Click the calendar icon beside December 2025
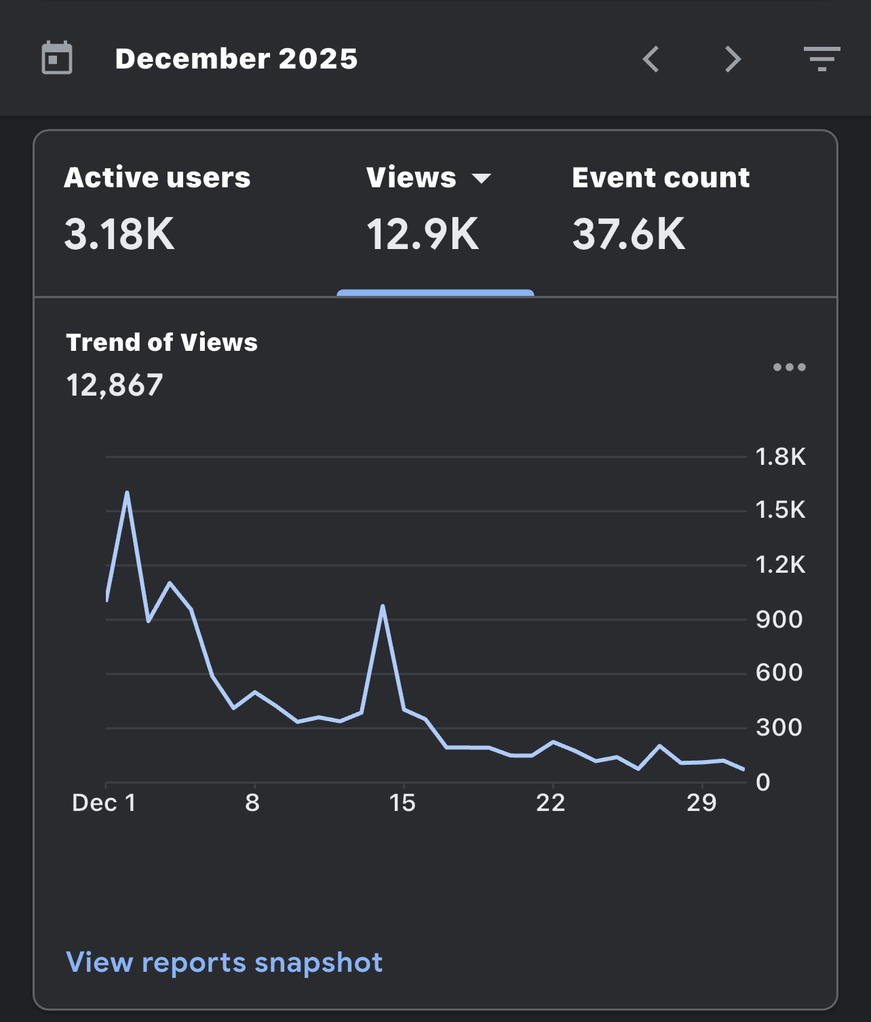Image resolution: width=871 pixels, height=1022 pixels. (x=57, y=58)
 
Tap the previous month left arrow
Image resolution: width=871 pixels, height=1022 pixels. (x=651, y=59)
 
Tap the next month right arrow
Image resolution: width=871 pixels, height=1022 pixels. (x=733, y=59)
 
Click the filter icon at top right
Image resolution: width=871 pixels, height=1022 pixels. (x=821, y=59)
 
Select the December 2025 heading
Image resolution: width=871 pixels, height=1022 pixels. (x=236, y=59)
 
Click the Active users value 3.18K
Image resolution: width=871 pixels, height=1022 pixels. (x=119, y=234)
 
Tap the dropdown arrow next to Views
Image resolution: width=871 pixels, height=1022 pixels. (x=482, y=178)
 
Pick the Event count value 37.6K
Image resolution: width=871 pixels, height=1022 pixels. (x=629, y=234)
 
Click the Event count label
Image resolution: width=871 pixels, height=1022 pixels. (x=661, y=178)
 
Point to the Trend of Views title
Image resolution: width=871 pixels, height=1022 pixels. (x=161, y=342)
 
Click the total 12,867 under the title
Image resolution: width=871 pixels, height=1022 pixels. (x=114, y=385)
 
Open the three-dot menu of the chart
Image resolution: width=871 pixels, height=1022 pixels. (x=790, y=367)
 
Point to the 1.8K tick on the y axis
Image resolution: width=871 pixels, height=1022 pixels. (x=781, y=456)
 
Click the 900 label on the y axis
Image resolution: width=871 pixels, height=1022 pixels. (x=779, y=619)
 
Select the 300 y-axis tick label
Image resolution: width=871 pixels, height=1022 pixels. (x=779, y=727)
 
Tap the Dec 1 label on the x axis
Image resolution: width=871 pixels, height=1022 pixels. (x=104, y=803)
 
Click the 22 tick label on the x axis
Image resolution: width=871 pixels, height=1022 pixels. (x=551, y=803)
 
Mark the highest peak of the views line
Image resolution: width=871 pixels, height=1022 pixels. (x=127, y=493)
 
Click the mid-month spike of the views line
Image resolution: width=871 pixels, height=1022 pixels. (x=383, y=606)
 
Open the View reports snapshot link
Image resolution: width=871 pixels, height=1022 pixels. (x=225, y=962)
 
